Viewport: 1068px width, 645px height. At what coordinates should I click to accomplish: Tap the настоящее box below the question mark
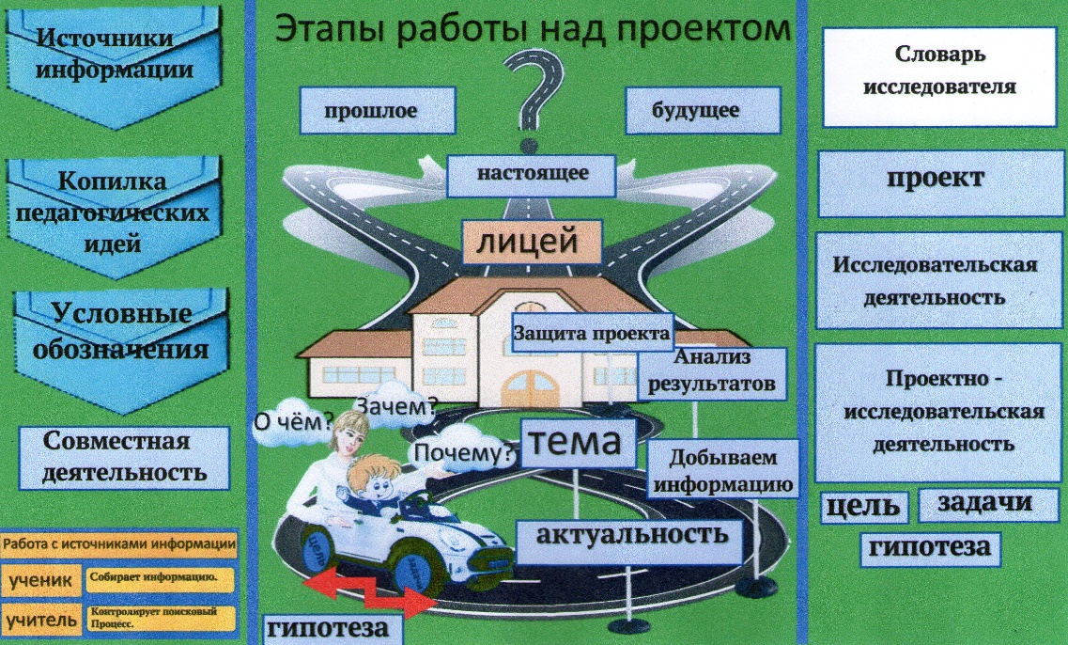532,174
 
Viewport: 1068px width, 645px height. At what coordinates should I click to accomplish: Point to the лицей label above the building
532,243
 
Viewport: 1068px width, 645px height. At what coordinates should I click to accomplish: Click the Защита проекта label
592,334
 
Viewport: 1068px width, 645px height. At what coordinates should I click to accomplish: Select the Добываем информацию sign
722,471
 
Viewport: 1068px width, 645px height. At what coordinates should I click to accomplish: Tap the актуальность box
631,535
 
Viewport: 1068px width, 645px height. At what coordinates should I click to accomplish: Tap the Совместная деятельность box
125,457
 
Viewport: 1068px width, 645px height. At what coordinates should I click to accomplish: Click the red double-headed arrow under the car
367,592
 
